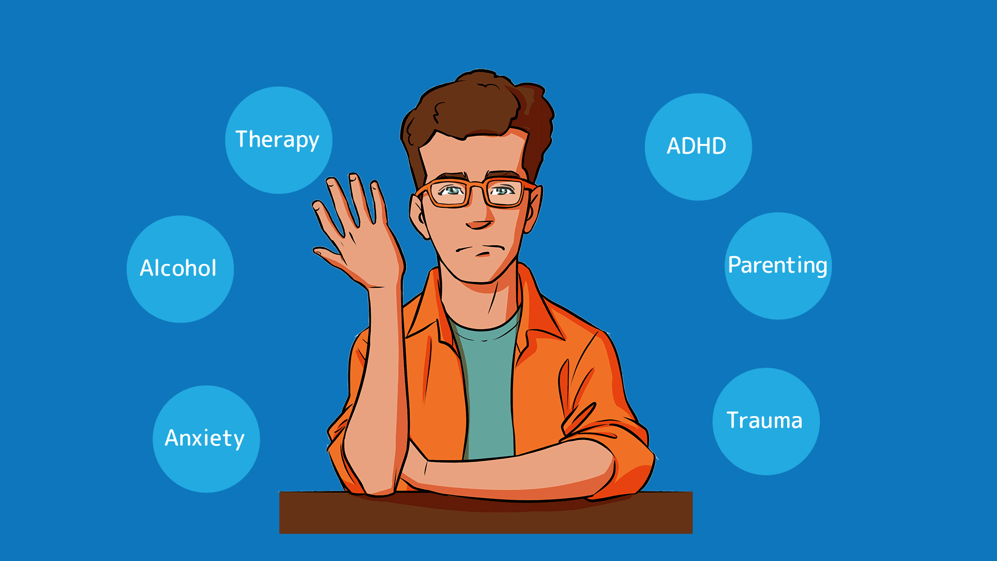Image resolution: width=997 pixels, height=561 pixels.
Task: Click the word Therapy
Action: pyautogui.click(x=277, y=140)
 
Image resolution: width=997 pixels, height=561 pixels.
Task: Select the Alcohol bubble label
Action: pyautogui.click(x=178, y=268)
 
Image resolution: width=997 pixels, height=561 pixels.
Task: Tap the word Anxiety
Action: pyautogui.click(x=205, y=438)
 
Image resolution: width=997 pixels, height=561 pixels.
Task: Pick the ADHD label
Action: pyautogui.click(x=696, y=146)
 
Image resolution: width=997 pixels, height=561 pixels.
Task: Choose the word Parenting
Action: pyautogui.click(x=777, y=265)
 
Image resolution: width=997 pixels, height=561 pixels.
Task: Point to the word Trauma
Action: pyautogui.click(x=764, y=420)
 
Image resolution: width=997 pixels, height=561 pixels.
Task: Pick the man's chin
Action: pyautogui.click(x=478, y=275)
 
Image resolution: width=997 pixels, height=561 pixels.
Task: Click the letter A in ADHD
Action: pyautogui.click(x=674, y=146)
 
